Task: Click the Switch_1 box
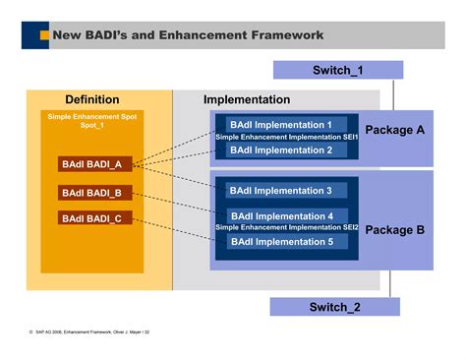pos(337,70)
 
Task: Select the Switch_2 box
pos(335,307)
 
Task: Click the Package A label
pos(394,130)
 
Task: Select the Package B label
pos(394,230)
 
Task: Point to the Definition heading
pos(92,100)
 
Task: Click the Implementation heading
pos(247,100)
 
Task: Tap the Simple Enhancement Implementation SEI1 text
pos(287,138)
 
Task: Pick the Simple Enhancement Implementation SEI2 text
pos(287,228)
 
